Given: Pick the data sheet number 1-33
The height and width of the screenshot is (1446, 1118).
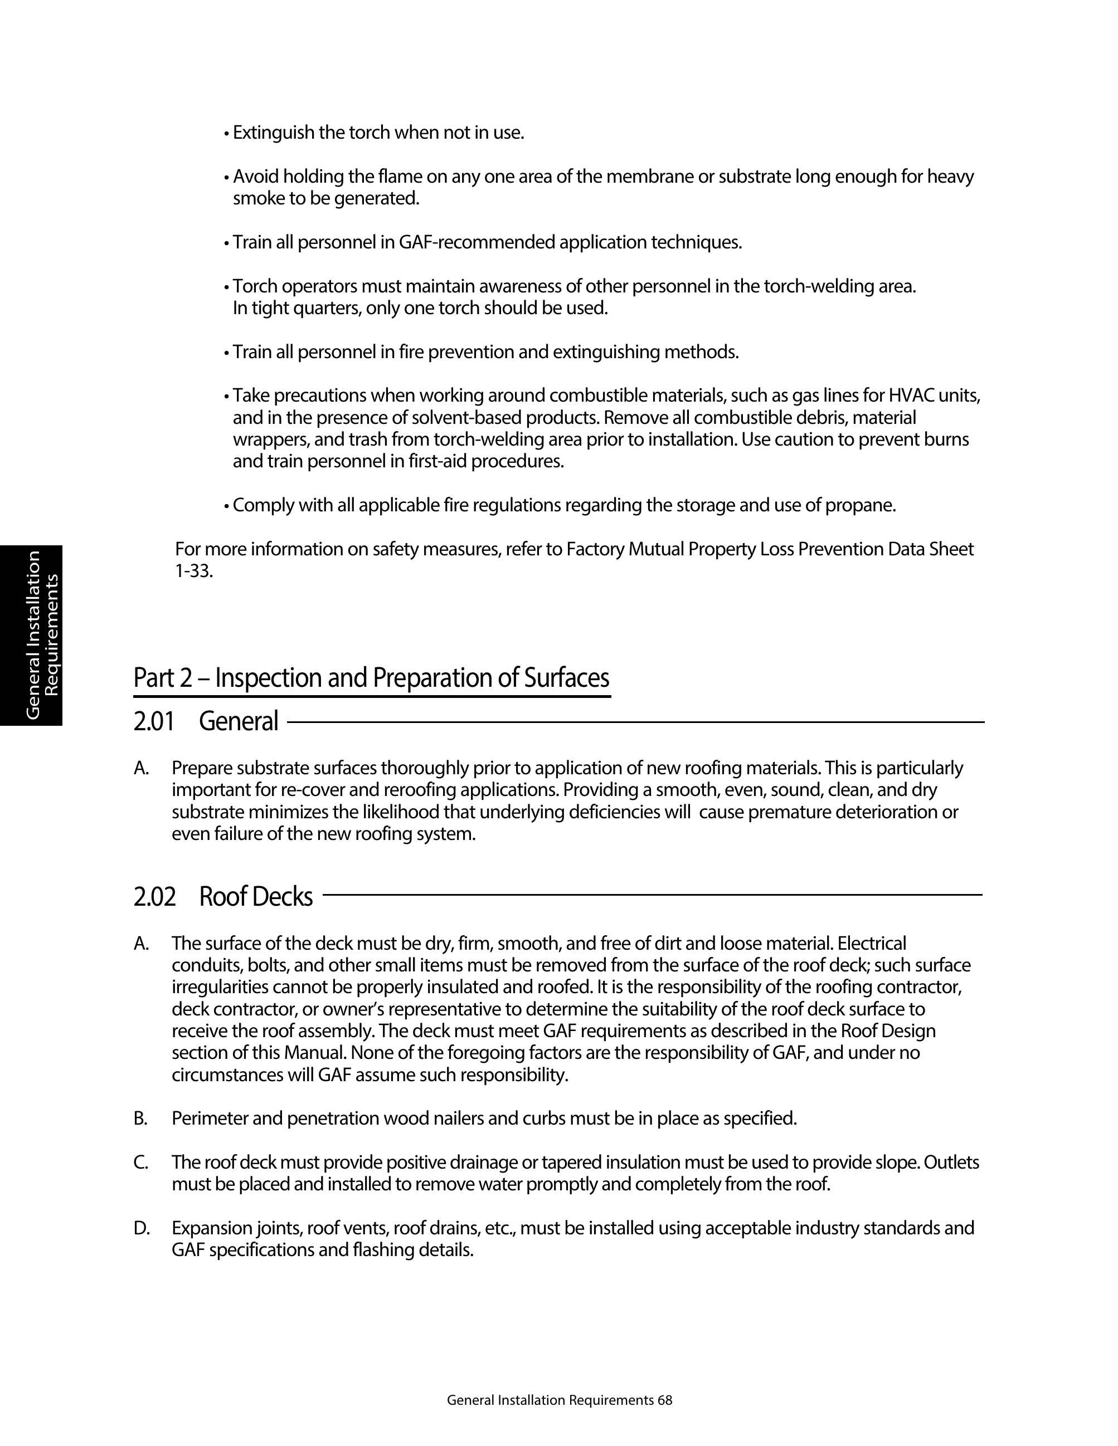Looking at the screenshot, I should (x=193, y=571).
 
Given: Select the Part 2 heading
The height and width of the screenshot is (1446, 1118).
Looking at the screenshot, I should (x=371, y=678).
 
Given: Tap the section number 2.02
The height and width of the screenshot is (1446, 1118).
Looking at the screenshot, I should (x=155, y=896).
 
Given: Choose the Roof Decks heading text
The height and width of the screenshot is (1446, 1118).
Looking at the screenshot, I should (x=256, y=896).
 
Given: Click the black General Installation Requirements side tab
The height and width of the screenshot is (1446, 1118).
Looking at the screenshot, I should (x=31, y=635).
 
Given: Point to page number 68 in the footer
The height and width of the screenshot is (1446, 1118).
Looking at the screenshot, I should (x=665, y=1400).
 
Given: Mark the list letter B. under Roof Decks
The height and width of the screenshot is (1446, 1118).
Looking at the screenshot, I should (x=140, y=1119).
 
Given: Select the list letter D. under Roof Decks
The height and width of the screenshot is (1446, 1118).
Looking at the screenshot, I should (x=141, y=1229).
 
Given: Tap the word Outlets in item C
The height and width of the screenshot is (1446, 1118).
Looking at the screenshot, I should (x=951, y=1162).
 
